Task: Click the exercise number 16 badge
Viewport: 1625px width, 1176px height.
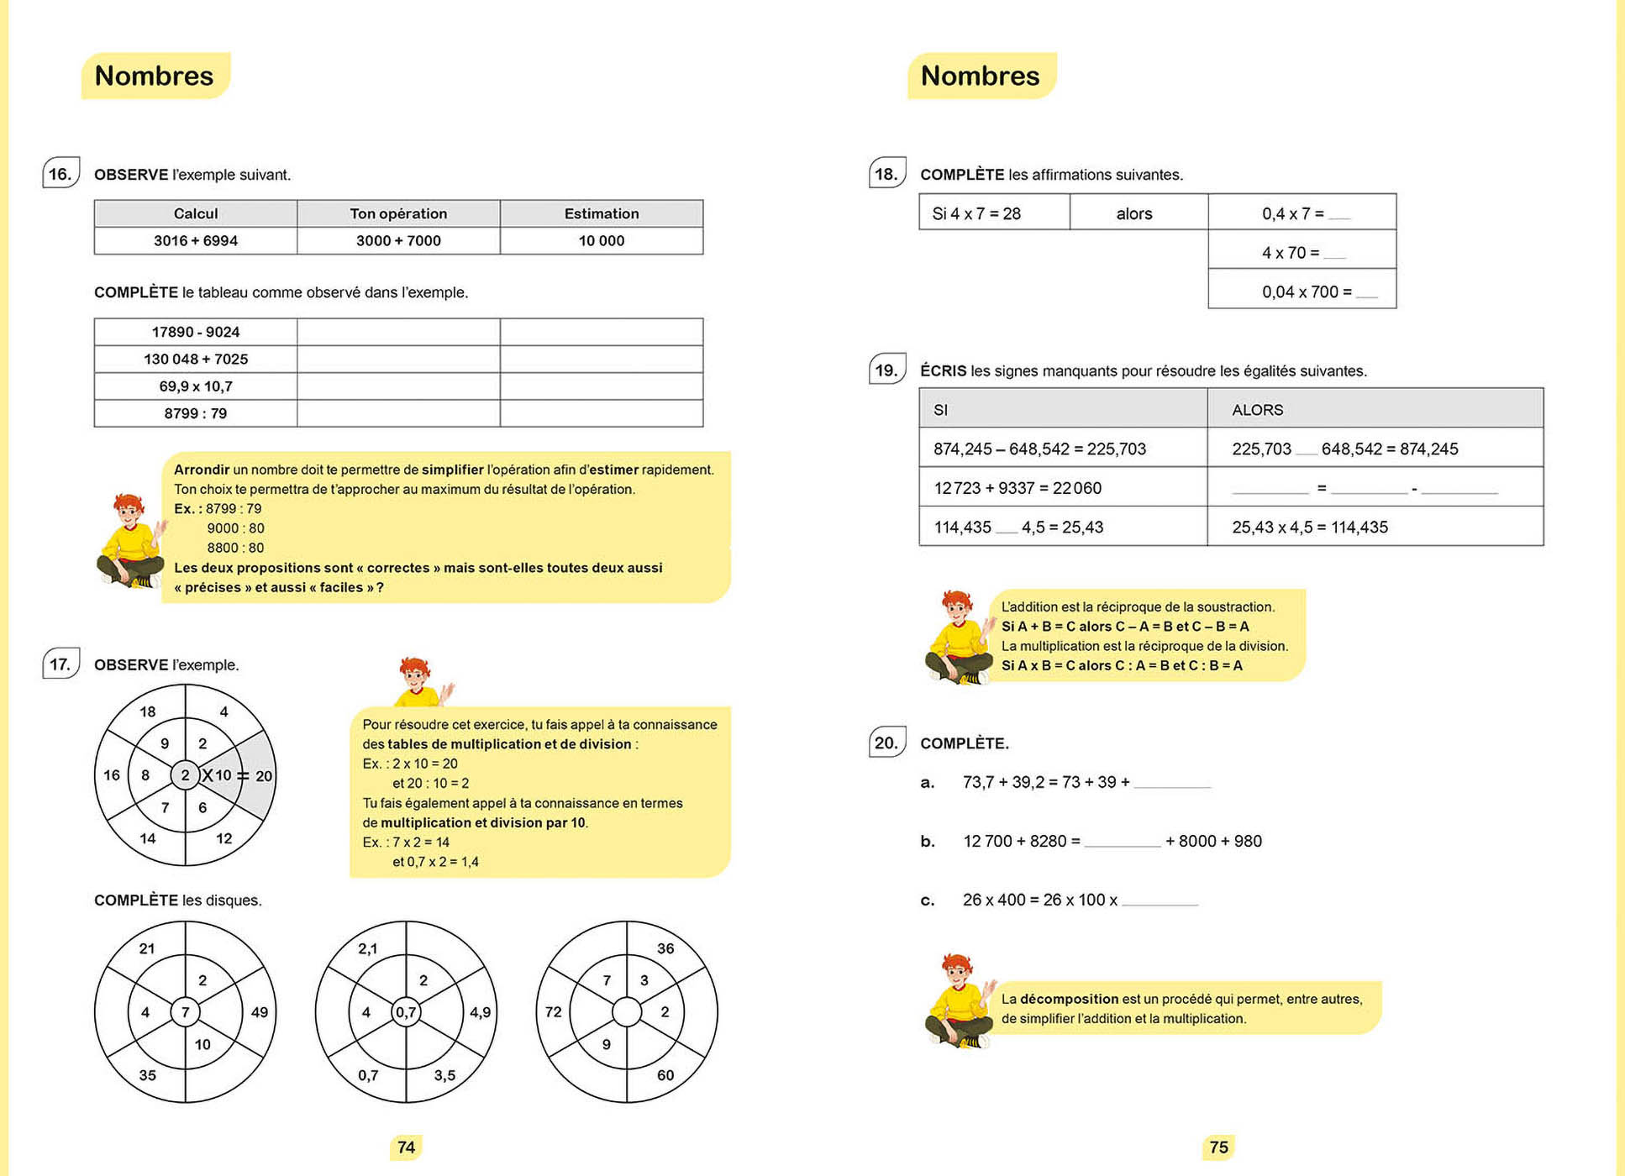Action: coord(60,173)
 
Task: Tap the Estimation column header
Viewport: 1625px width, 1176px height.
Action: coord(601,213)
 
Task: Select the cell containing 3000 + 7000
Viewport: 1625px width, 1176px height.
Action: coord(398,240)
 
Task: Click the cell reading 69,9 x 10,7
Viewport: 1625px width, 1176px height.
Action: coord(195,386)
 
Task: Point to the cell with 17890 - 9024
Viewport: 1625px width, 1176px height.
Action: coord(195,332)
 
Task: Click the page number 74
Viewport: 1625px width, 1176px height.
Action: coord(406,1147)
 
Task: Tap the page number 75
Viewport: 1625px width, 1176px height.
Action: coord(1218,1147)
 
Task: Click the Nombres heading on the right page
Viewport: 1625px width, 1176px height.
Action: coord(980,76)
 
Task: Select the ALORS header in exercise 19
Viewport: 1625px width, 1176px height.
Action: coord(1257,410)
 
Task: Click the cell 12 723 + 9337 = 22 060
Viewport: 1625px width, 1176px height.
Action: coord(1018,488)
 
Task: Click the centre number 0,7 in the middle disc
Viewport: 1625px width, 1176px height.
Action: coord(406,1012)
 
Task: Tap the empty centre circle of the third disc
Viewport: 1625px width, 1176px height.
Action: coord(627,1012)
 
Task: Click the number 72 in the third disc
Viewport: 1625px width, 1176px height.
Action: coord(553,1012)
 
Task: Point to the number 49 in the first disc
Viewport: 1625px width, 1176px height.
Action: coord(260,1012)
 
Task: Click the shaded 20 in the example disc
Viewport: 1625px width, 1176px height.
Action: coord(264,775)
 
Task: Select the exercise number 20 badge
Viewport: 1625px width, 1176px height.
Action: coord(886,743)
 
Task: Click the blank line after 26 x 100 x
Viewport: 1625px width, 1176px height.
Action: coord(1160,900)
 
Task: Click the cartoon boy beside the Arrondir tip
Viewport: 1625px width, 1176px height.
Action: coord(130,541)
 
